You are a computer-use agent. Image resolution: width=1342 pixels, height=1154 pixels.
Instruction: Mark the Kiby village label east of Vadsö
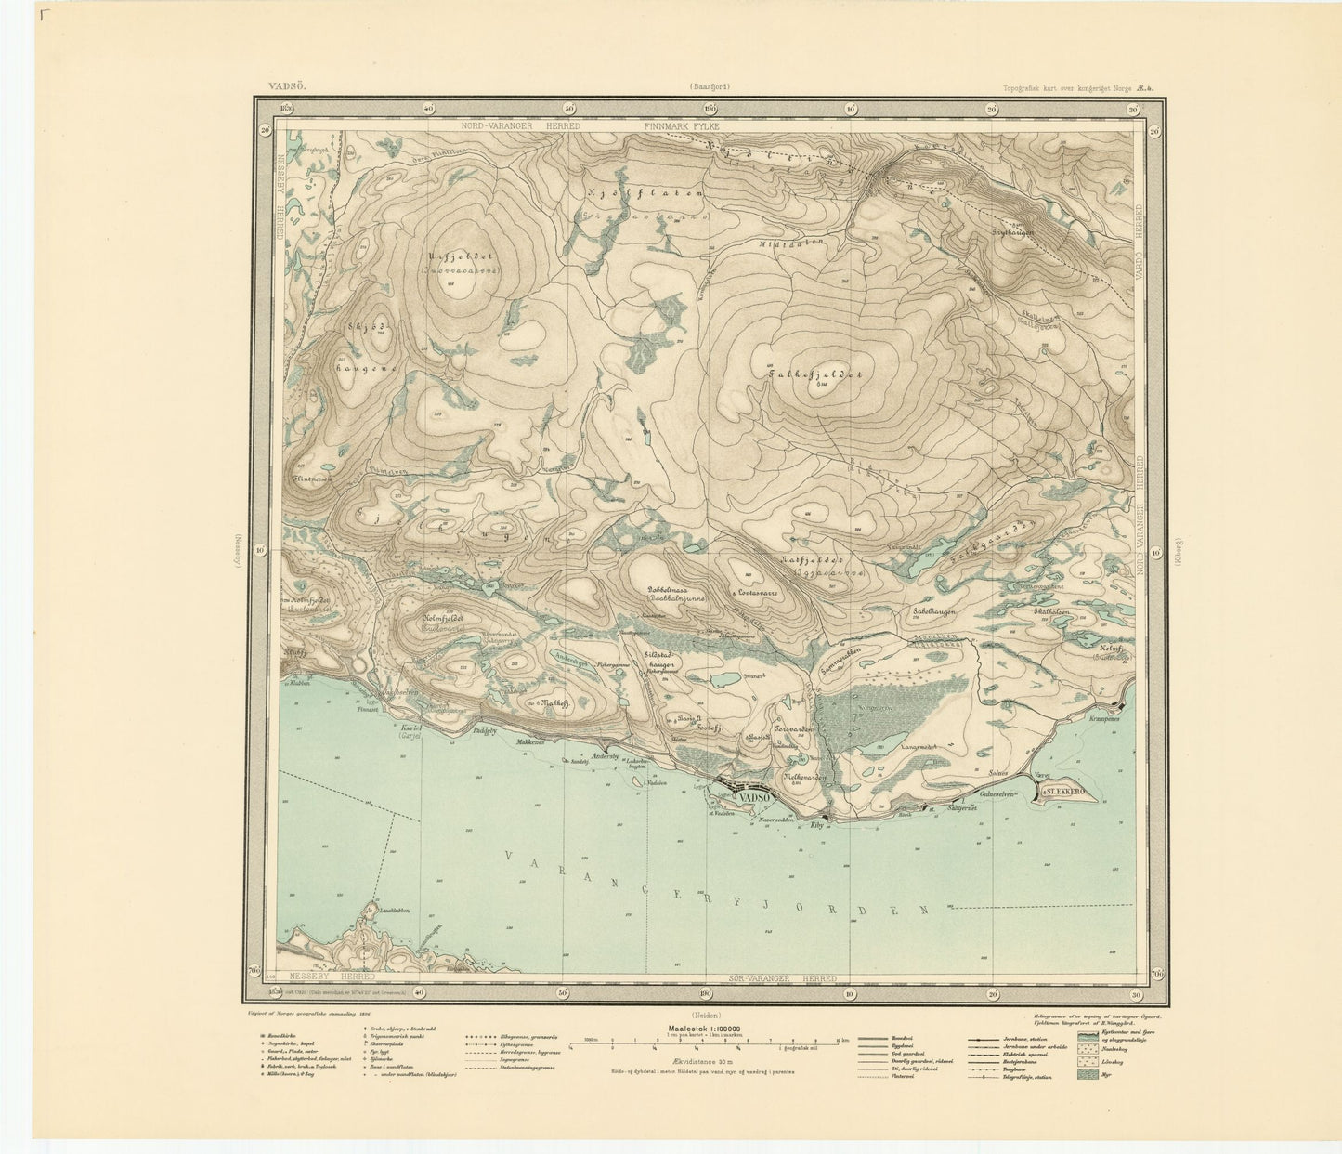click(x=817, y=825)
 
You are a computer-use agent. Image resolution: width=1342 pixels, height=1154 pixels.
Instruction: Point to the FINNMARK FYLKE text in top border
click(x=683, y=125)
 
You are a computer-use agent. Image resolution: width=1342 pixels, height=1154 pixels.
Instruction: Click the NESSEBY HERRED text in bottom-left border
click(x=332, y=977)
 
